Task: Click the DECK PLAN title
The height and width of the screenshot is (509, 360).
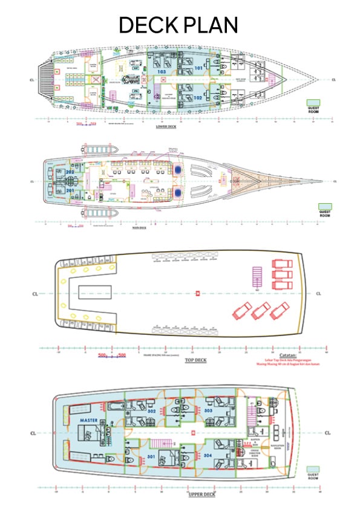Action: [x=178, y=25]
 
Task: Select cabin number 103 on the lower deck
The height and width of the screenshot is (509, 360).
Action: [x=162, y=72]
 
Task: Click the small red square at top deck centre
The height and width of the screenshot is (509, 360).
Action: [x=197, y=294]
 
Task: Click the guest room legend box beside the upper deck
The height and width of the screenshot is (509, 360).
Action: [x=313, y=469]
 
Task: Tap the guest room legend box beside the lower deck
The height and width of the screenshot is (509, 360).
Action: [x=313, y=102]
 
